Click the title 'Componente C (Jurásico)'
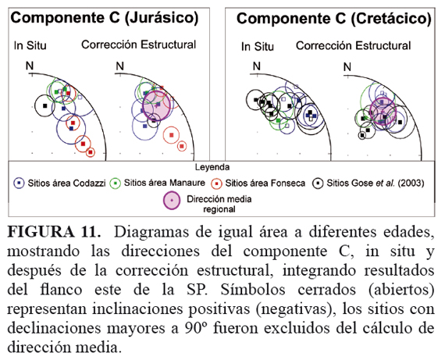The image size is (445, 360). coord(105,18)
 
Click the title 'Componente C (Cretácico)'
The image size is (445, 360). coord(334,19)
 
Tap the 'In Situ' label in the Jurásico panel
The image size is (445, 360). coord(30,45)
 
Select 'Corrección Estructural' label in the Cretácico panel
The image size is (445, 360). coord(354,46)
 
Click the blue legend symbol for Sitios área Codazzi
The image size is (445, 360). coord(19,183)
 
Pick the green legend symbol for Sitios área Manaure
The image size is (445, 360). coord(116,184)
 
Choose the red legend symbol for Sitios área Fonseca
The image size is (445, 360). coord(216,184)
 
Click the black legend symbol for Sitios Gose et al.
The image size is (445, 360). coord(318,184)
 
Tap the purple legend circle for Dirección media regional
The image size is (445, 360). coord(172,201)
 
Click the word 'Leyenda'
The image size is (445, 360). coord(212,167)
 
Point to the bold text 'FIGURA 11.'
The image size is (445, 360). coord(54,232)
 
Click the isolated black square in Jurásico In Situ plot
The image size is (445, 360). coord(44,105)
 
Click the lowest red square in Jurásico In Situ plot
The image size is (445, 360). coord(91,152)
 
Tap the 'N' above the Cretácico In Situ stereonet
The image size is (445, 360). coord(257,66)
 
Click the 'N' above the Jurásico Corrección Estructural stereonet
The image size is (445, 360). coord(119,66)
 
